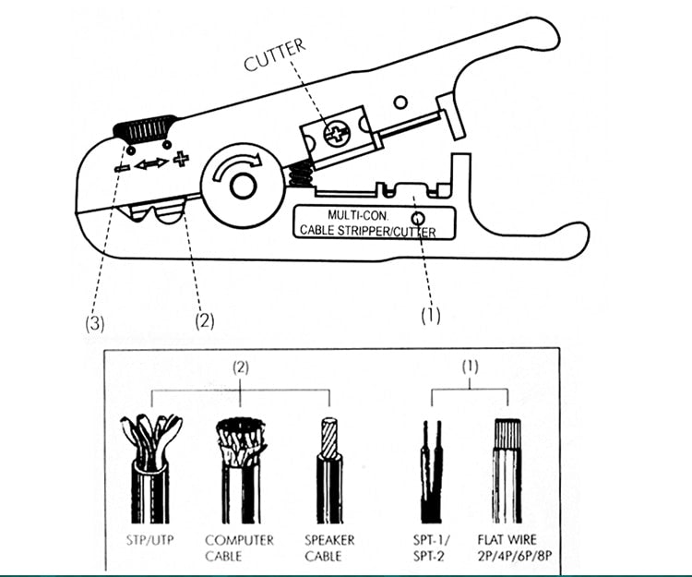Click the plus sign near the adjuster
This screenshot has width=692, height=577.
[x=181, y=161]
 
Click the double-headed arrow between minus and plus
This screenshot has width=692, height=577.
[x=150, y=163]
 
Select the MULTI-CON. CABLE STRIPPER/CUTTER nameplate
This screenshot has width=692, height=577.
[x=364, y=222]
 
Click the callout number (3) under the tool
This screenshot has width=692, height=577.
[x=94, y=322]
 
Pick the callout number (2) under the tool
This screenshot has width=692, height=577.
[x=204, y=321]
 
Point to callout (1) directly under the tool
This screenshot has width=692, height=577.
[x=431, y=315]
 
